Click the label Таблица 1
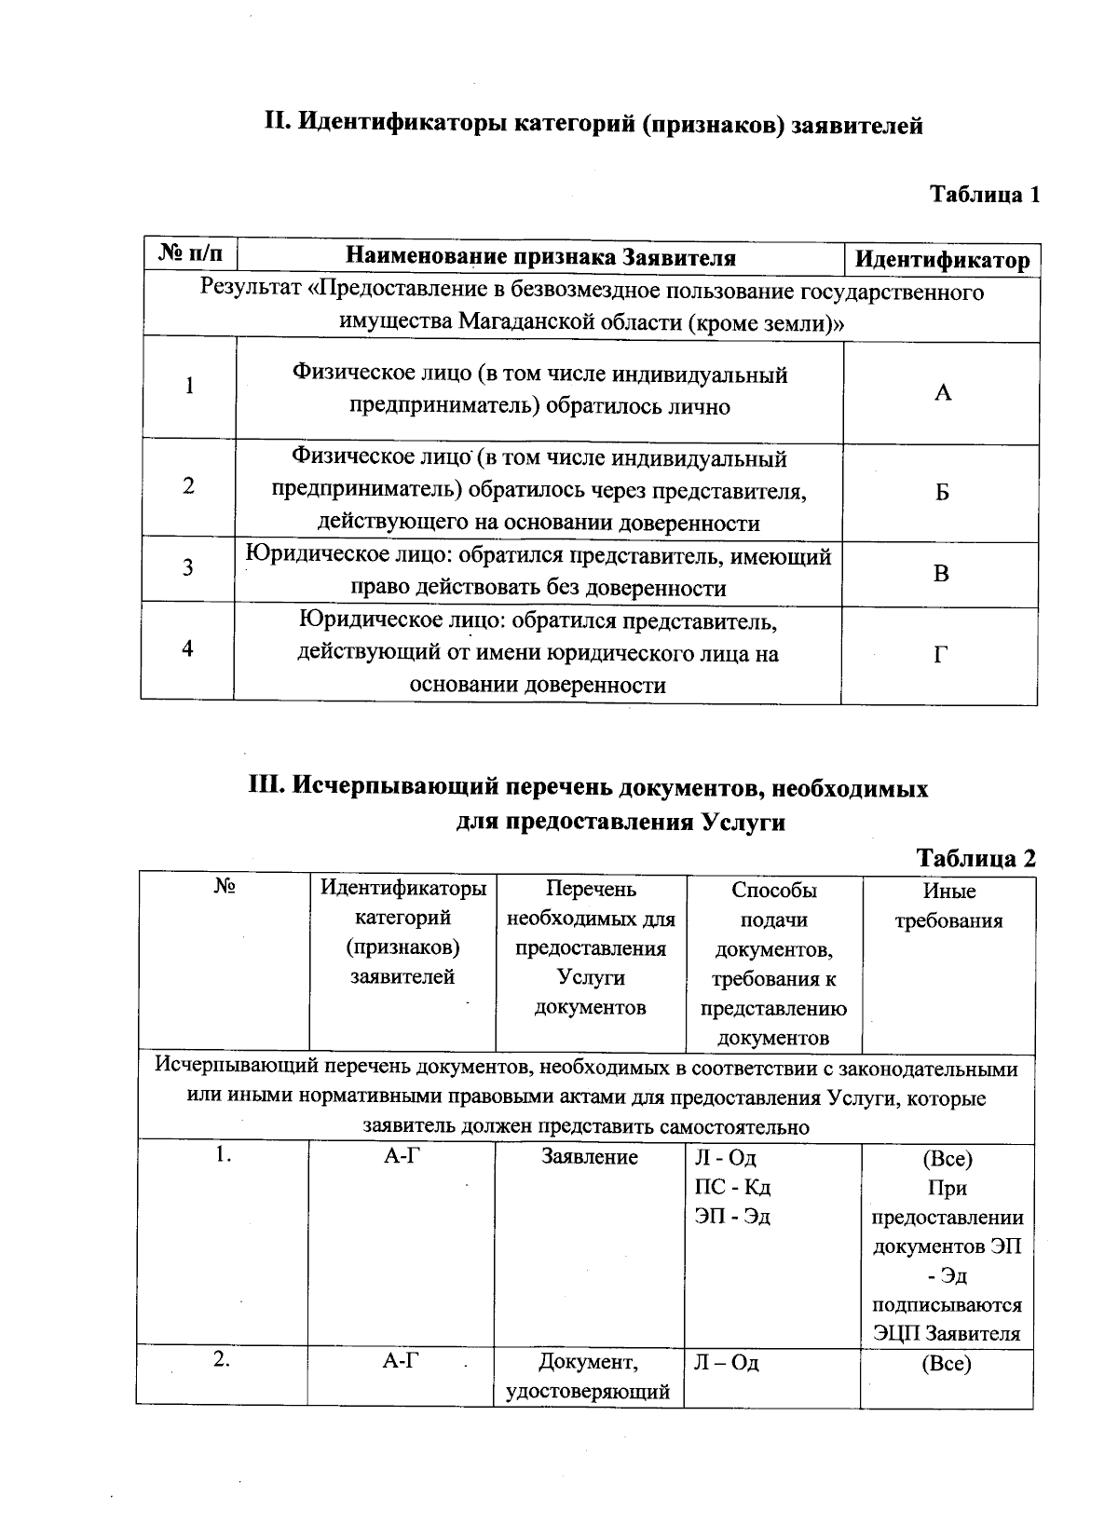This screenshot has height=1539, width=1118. click(985, 195)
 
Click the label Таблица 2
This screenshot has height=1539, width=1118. click(975, 858)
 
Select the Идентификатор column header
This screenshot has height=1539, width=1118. click(942, 260)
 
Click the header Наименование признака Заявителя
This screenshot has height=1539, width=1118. click(540, 257)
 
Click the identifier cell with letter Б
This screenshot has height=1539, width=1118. click(942, 492)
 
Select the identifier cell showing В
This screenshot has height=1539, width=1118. click(941, 574)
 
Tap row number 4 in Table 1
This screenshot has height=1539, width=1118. click(188, 648)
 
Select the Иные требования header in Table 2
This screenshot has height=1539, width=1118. click(948, 906)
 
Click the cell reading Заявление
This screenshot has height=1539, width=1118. click(590, 1157)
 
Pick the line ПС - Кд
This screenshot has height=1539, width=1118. click(732, 1188)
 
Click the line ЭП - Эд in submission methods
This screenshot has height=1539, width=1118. click(732, 1217)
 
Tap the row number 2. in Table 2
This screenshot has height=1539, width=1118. click(222, 1359)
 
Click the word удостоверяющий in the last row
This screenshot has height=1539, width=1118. click(588, 1392)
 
